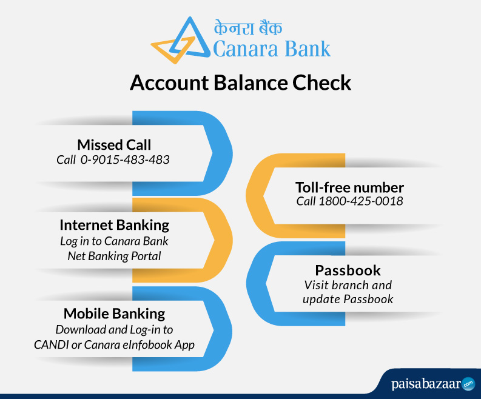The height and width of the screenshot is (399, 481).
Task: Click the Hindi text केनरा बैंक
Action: click(x=248, y=28)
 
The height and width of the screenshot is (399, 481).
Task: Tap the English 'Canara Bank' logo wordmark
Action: click(x=272, y=49)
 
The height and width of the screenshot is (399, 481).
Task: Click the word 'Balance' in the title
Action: click(x=251, y=82)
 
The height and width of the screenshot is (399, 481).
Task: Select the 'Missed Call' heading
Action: click(x=114, y=145)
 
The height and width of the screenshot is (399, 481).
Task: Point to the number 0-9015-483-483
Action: click(x=125, y=159)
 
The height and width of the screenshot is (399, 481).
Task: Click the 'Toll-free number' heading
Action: click(x=350, y=187)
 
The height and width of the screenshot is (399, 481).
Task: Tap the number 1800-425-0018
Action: click(x=361, y=201)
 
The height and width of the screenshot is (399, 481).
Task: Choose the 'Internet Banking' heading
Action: click(x=115, y=225)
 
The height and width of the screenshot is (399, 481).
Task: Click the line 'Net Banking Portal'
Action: click(x=114, y=256)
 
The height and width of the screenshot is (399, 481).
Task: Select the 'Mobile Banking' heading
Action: click(x=115, y=313)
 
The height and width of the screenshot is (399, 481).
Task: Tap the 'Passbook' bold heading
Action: click(x=348, y=270)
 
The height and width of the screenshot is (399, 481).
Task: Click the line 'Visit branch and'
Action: click(x=348, y=285)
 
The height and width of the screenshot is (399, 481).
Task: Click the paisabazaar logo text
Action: click(x=426, y=384)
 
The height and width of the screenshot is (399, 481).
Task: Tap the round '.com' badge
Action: click(x=468, y=384)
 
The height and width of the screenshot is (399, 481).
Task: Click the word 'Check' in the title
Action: click(x=322, y=82)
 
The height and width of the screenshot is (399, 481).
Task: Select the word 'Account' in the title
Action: click(x=170, y=82)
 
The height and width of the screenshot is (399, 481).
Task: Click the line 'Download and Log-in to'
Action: click(x=114, y=330)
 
